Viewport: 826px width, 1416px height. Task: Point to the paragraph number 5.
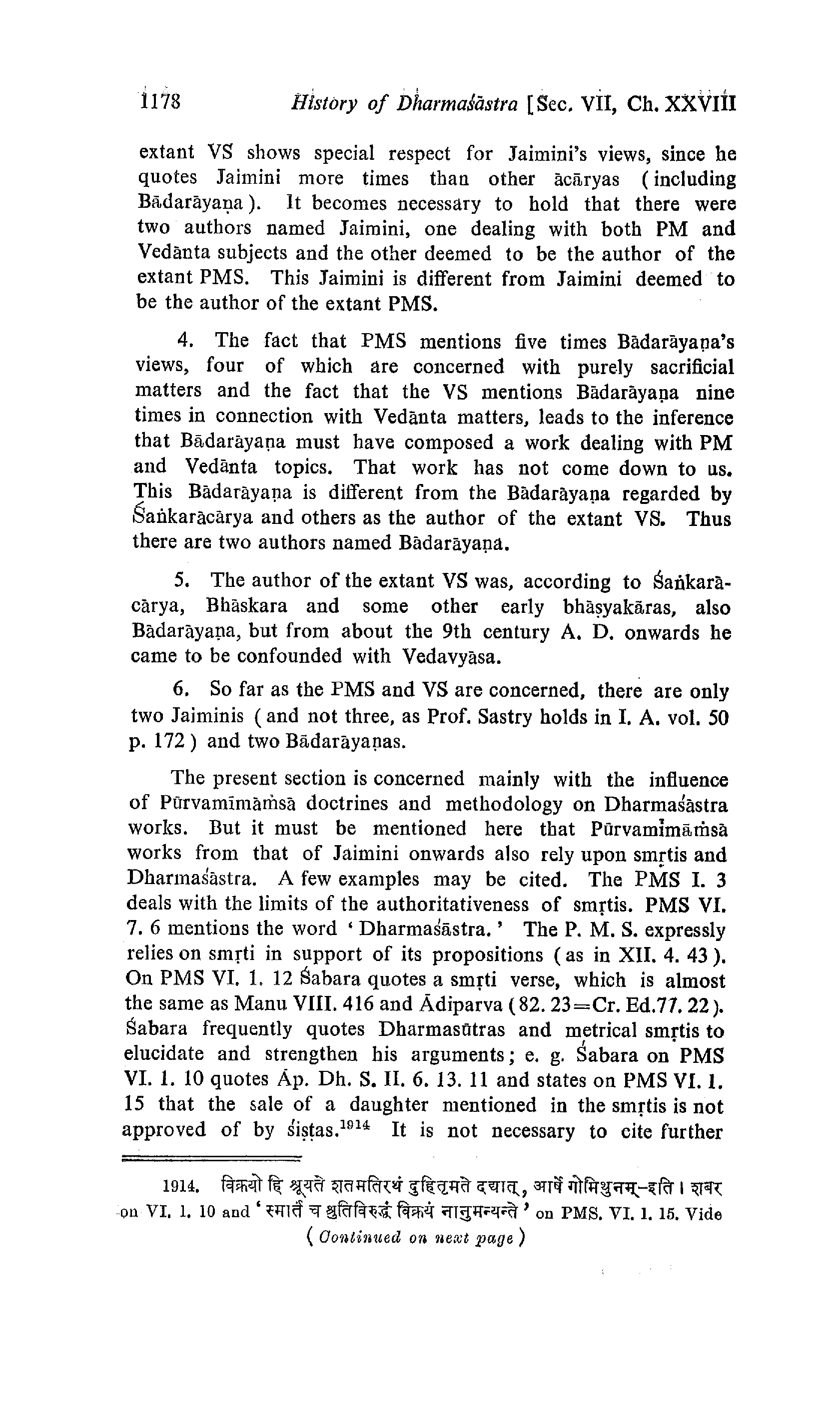point(180,579)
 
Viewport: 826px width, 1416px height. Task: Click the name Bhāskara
point(246,606)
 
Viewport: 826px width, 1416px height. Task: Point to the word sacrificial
point(692,367)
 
